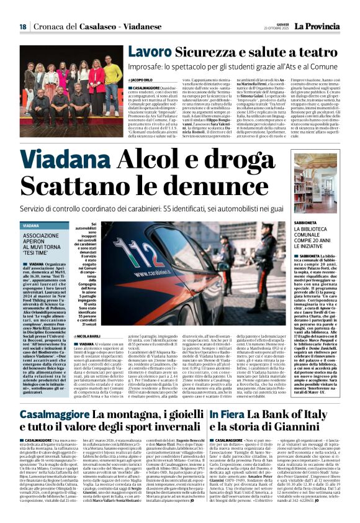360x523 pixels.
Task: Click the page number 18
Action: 22,27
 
